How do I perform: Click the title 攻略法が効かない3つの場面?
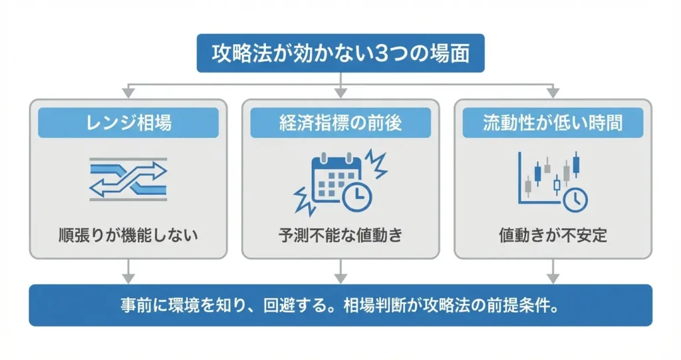[340, 53]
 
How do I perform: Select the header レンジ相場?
[128, 122]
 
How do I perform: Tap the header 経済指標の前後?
[340, 122]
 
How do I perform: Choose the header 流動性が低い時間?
[553, 122]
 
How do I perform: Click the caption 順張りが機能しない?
[128, 235]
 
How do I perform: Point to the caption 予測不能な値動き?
[340, 235]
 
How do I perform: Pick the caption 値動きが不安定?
[553, 235]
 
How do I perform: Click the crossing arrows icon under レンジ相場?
[128, 179]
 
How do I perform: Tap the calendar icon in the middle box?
[336, 178]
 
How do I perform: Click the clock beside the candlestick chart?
[575, 200]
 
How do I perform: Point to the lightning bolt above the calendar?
[375, 164]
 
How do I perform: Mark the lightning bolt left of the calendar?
[304, 201]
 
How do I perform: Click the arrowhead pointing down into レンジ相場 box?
[128, 92]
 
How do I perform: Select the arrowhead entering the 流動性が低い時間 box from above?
[553, 92]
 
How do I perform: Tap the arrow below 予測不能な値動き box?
[340, 271]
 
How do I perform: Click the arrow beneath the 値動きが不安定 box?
[553, 271]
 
